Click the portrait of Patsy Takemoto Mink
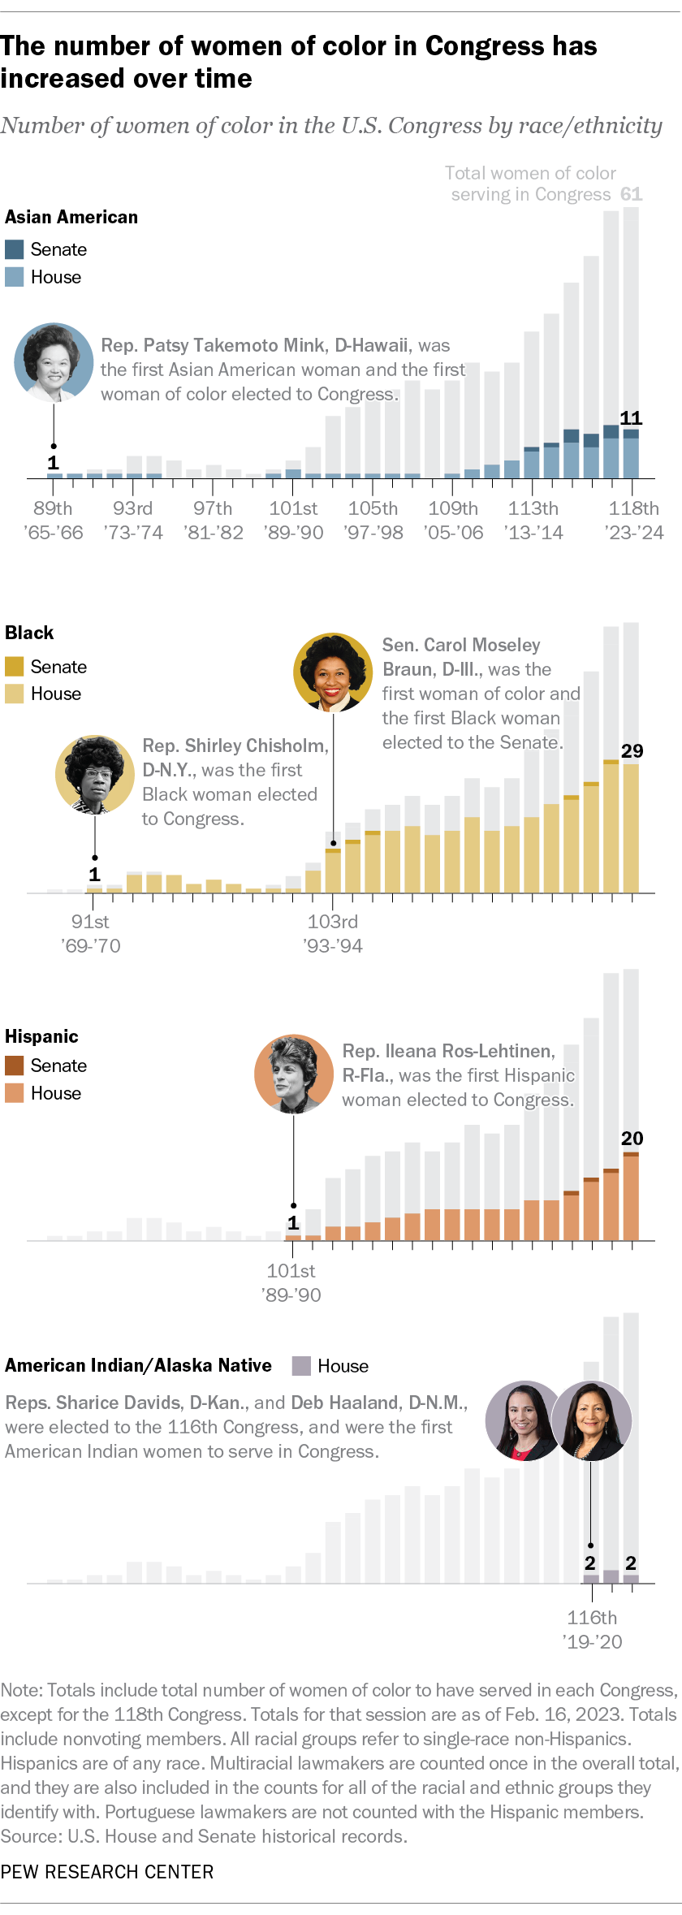54,362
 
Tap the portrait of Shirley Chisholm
94,775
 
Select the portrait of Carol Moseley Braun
333,672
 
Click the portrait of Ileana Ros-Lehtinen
294,1074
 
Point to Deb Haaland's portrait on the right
591,1420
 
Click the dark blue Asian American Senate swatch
14,249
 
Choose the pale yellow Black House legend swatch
14,694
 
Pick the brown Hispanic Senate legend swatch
14,1066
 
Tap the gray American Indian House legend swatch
301,1366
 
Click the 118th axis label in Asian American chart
634,520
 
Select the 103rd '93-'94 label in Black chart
333,933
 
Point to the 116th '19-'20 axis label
593,1629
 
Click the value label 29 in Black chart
632,751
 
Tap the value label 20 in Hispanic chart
632,1139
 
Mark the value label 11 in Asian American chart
631,418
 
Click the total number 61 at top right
631,194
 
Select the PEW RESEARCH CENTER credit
107,1872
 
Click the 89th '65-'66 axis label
54,520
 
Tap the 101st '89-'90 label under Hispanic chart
291,1282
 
